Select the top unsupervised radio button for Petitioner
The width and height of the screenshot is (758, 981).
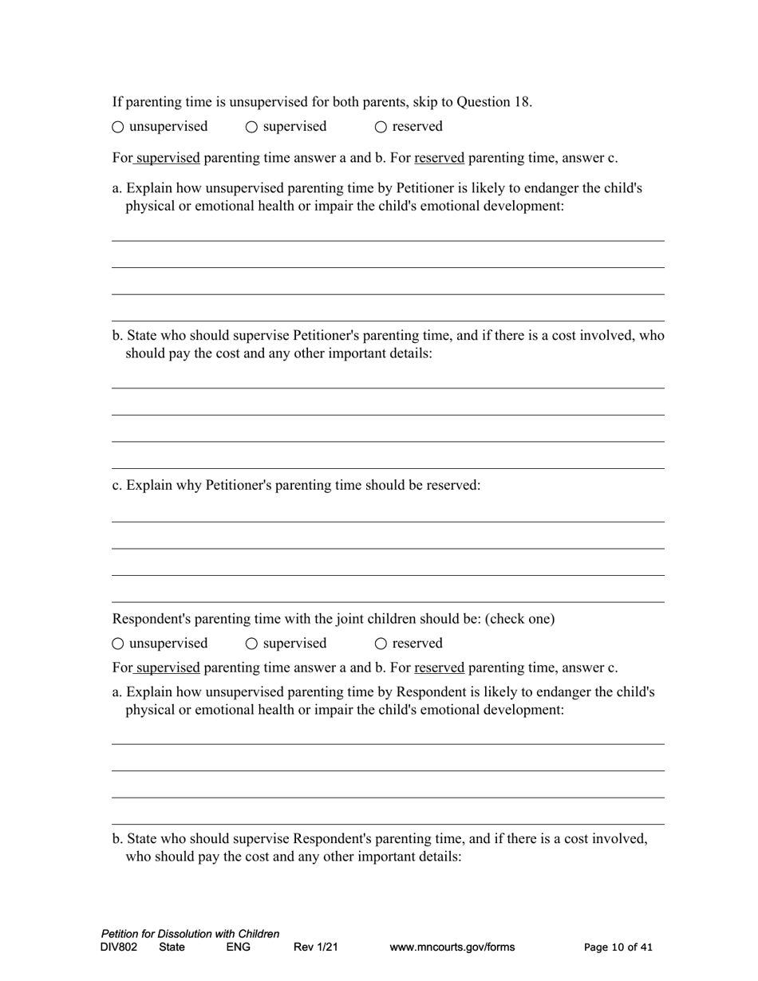pyautogui.click(x=118, y=127)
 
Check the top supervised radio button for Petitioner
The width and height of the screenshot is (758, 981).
pyautogui.click(x=251, y=127)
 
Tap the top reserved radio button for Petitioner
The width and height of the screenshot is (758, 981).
pyautogui.click(x=381, y=127)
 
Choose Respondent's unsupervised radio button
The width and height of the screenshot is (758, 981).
pyautogui.click(x=118, y=644)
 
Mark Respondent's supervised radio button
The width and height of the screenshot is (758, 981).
pyautogui.click(x=251, y=644)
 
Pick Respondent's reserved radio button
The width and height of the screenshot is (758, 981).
pyautogui.click(x=381, y=644)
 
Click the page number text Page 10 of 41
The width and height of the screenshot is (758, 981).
pyautogui.click(x=618, y=948)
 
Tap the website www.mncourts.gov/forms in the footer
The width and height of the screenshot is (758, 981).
pyautogui.click(x=452, y=948)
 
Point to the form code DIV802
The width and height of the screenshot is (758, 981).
pyautogui.click(x=119, y=948)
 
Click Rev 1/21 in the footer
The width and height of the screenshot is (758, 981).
pyautogui.click(x=316, y=948)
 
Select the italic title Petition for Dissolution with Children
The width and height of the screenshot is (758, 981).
pyautogui.click(x=190, y=934)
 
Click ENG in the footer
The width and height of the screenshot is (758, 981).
pyautogui.click(x=238, y=948)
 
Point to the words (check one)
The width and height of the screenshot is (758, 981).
pyautogui.click(x=519, y=619)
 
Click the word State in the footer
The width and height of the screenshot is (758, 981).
pyautogui.click(x=172, y=948)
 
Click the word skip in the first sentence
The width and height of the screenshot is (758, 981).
pyautogui.click(x=425, y=102)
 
